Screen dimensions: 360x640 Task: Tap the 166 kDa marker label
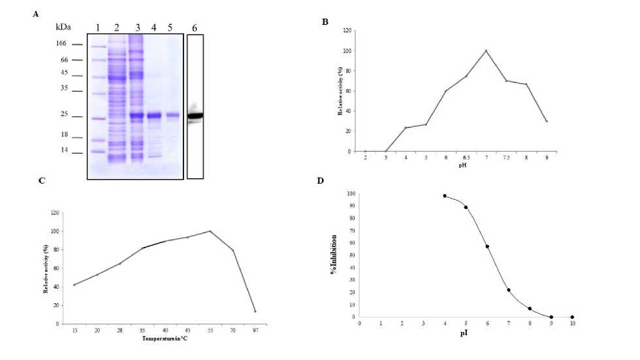coord(60,44)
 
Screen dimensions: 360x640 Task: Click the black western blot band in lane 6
coord(195,116)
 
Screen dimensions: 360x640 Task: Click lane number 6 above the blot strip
coord(193,28)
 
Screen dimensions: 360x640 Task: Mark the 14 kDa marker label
coord(62,150)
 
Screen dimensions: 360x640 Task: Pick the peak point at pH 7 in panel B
coord(486,51)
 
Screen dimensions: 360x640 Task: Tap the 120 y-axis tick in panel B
coord(351,31)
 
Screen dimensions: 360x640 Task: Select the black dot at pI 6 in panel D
coord(487,246)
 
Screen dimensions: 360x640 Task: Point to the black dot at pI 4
coord(445,196)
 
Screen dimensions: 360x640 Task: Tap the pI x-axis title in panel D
coord(466,332)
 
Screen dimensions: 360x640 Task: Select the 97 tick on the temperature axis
coord(255,331)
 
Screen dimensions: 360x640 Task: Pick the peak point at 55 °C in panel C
coord(210,231)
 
